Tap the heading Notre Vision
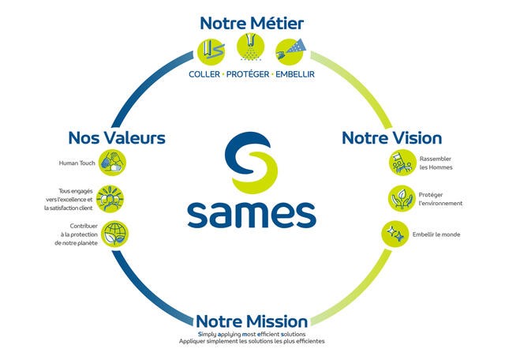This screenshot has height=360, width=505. point(391,137)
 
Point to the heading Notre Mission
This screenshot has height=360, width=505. point(252,321)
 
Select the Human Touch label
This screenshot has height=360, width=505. point(77,163)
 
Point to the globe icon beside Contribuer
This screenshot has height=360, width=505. point(114,234)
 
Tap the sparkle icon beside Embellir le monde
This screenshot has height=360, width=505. point(395,234)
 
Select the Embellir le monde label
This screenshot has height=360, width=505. point(440,234)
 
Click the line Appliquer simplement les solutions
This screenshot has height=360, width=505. point(252,341)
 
